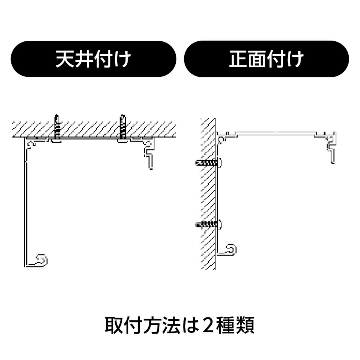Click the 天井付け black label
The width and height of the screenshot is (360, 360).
point(93,59)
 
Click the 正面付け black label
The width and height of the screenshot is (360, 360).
point(266,59)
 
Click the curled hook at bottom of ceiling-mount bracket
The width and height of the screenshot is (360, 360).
point(41,260)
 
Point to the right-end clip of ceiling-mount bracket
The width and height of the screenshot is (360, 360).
point(149,153)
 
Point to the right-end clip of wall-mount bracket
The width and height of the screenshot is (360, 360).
point(331,148)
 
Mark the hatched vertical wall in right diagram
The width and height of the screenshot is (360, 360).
point(208,195)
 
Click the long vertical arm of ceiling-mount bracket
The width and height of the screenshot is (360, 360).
point(26,207)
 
